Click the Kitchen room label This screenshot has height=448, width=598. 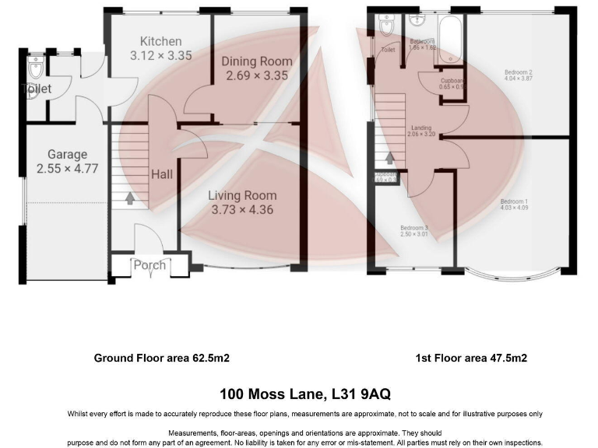(160, 41)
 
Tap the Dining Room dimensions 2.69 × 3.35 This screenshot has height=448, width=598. (256, 76)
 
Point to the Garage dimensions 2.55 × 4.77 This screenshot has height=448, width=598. (67, 168)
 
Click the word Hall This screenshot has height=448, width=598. (162, 174)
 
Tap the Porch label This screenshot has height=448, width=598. (149, 264)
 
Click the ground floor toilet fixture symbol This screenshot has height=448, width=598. (33, 69)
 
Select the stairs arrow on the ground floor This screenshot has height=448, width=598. (128, 200)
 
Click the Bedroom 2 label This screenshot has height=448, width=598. (517, 72)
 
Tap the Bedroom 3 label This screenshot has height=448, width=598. (414, 227)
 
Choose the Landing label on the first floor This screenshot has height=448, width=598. (421, 127)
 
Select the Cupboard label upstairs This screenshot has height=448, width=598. (452, 80)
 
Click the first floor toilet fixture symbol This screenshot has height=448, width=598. (387, 27)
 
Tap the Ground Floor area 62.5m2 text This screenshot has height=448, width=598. (161, 359)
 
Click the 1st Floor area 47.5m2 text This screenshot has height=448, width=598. (470, 359)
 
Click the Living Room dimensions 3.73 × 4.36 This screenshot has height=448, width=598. (244, 210)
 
